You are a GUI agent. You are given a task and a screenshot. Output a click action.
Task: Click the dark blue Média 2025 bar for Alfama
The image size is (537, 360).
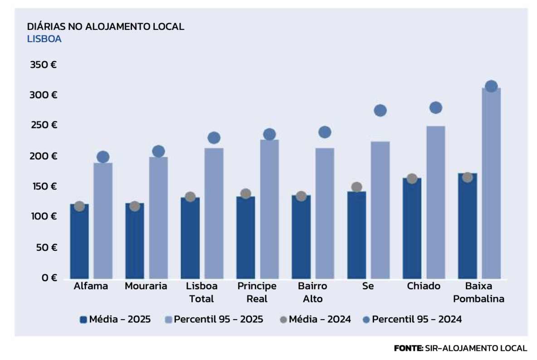(79, 243)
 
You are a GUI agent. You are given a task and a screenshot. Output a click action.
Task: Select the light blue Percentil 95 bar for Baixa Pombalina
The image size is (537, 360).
(491, 184)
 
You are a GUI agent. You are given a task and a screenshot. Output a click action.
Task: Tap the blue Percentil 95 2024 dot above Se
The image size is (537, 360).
(380, 110)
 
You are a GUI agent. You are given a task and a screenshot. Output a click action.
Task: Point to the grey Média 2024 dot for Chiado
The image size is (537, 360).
(412, 179)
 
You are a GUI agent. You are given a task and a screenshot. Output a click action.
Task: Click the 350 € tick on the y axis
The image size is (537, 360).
(43, 65)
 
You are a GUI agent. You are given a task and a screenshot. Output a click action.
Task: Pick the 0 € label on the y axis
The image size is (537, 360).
(48, 277)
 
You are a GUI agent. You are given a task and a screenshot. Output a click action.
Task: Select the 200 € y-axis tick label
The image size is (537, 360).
(43, 156)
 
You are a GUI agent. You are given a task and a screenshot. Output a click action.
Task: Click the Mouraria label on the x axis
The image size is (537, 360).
(146, 286)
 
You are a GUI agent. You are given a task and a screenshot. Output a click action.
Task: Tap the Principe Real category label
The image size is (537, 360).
(257, 292)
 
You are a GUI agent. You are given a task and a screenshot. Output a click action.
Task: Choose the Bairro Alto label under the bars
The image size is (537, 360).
(312, 292)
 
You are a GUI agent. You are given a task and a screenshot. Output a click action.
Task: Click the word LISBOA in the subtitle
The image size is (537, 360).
(44, 39)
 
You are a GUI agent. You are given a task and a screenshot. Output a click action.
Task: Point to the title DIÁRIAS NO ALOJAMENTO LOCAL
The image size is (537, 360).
(105, 26)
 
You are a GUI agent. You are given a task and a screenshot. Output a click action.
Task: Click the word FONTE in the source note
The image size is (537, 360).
(408, 348)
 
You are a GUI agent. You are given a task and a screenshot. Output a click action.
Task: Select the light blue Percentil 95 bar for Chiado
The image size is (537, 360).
(435, 202)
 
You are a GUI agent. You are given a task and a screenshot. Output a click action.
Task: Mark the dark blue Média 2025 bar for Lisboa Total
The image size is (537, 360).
(190, 238)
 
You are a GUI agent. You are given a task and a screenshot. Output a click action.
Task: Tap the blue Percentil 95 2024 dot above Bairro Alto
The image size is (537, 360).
(325, 132)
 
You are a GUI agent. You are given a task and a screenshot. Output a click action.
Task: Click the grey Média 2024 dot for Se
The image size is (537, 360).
(356, 187)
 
